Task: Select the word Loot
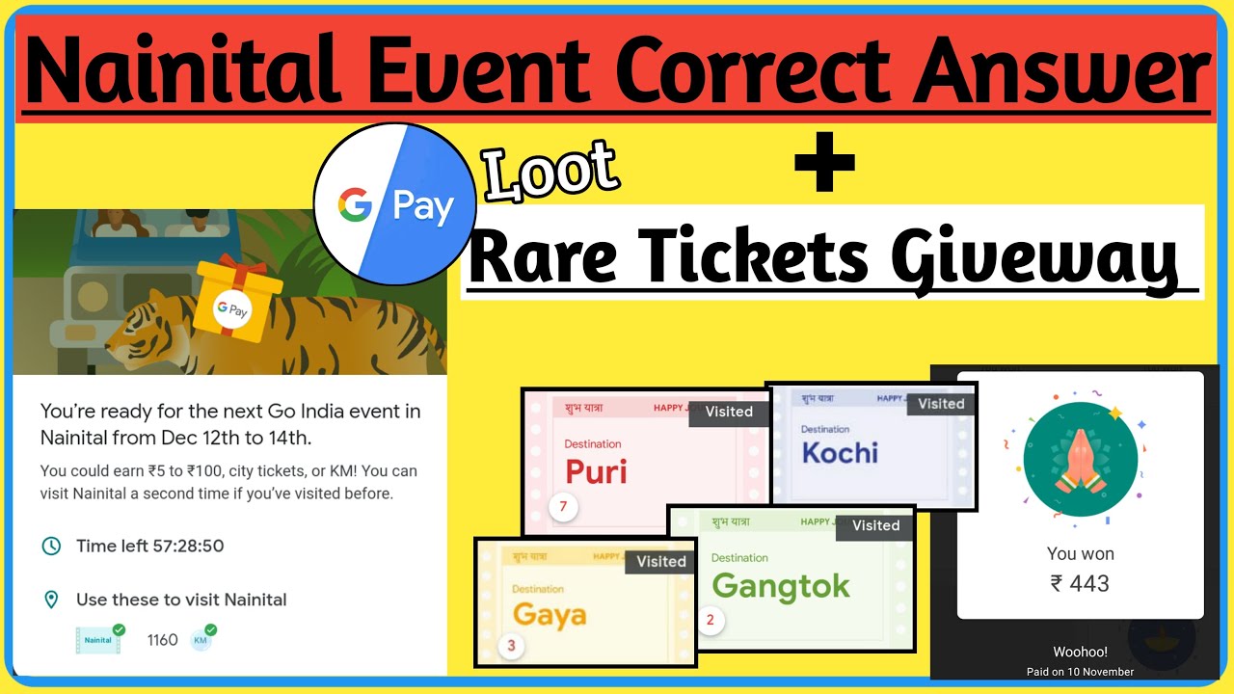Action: (x=550, y=173)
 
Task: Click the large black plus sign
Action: (x=824, y=162)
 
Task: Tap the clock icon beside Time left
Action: (x=51, y=547)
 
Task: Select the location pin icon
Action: (x=51, y=601)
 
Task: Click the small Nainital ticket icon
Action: (x=99, y=639)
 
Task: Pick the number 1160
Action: (x=162, y=640)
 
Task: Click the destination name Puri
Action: (x=596, y=471)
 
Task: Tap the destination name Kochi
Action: (x=840, y=453)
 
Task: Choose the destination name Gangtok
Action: (x=781, y=586)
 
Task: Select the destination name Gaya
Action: (x=550, y=615)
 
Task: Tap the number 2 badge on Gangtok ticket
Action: (x=711, y=620)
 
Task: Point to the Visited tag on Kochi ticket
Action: (x=941, y=404)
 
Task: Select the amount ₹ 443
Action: (x=1080, y=583)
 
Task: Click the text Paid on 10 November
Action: (x=1080, y=672)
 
